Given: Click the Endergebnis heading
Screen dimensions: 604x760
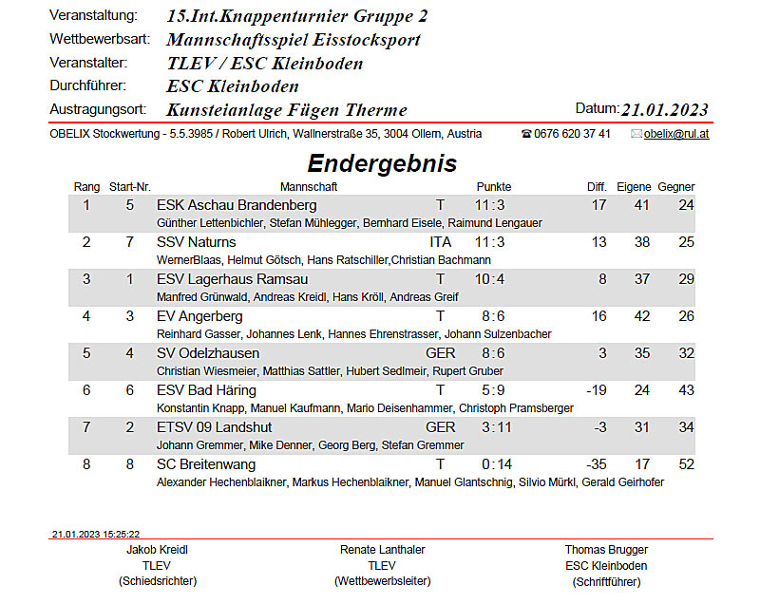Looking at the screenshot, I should click(x=382, y=163).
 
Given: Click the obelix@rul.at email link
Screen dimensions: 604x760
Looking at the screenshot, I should click(x=675, y=134).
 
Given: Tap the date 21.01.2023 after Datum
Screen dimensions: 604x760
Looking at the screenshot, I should click(x=664, y=109).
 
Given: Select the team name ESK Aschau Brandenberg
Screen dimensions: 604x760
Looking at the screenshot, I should click(x=237, y=205).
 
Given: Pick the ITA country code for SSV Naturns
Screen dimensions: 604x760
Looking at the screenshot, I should click(x=440, y=242).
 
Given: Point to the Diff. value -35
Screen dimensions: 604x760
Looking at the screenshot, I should click(x=596, y=464).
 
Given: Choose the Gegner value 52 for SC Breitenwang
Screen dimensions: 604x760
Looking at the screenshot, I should click(x=686, y=464).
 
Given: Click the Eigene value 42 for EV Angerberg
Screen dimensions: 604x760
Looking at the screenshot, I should click(x=642, y=316).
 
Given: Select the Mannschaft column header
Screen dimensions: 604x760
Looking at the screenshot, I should click(x=309, y=187).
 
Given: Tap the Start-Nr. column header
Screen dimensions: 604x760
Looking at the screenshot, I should click(x=130, y=187).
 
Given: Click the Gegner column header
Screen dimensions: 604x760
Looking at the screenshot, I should click(x=675, y=187).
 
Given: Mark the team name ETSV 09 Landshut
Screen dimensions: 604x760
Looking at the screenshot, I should click(x=214, y=427).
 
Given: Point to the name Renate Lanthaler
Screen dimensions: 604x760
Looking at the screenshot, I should click(x=382, y=550).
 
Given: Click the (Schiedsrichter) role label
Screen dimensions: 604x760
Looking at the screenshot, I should click(x=157, y=580).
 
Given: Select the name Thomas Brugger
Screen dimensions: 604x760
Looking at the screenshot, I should click(x=606, y=550).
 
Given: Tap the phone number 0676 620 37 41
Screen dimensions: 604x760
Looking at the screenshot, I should click(x=572, y=134).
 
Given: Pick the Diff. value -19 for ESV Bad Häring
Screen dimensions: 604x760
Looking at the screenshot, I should click(x=596, y=390).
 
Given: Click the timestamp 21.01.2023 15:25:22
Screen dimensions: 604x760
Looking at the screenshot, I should click(x=96, y=535).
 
